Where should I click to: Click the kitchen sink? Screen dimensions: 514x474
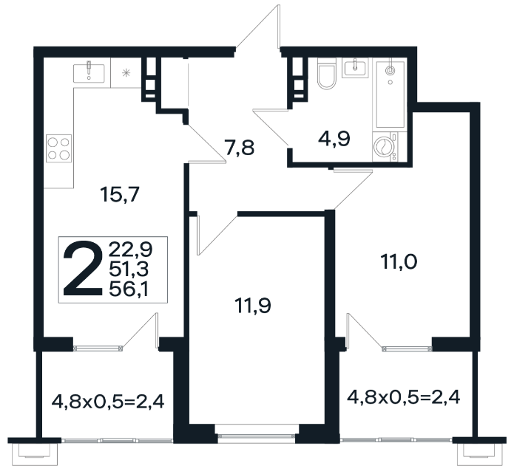coord(89,73)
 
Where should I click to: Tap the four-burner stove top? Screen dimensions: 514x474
coord(59,148)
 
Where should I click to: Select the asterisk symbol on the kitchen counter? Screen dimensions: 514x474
coord(126,72)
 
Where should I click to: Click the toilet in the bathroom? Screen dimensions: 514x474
coord(326,73)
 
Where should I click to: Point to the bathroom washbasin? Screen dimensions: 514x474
coord(355,68)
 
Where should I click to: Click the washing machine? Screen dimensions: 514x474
coord(385,147)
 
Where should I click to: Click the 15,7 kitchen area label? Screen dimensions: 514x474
coord(121,194)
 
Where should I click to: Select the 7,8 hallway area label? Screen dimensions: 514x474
coord(240,147)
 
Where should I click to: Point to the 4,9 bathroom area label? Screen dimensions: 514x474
coord(334,139)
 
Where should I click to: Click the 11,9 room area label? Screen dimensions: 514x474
coord(253,306)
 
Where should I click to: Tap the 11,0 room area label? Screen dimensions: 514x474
coord(399,262)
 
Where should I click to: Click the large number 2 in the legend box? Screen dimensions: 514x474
coord(84,269)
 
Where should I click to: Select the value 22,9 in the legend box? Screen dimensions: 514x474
coord(131,250)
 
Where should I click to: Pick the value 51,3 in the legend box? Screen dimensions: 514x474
coord(129,269)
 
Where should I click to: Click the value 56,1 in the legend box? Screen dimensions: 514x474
coord(129,289)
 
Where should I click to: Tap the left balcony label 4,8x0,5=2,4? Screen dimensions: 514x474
coord(108,402)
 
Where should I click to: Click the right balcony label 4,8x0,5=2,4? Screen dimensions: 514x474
coord(404,397)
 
